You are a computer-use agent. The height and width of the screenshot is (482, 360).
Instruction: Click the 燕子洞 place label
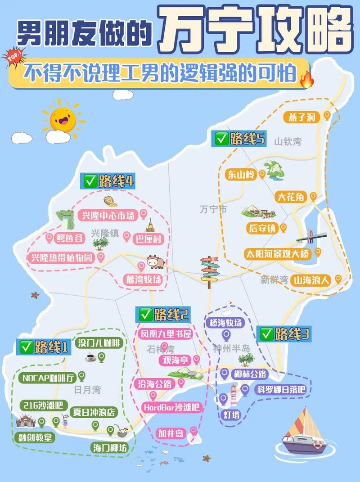click(302, 117)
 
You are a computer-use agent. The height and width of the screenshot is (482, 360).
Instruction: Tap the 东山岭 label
click(241, 175)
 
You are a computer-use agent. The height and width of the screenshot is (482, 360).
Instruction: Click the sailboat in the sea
click(302, 432)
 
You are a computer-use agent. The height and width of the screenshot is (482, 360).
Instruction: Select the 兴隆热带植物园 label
click(62, 258)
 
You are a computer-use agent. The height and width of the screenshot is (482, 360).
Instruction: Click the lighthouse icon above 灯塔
click(234, 395)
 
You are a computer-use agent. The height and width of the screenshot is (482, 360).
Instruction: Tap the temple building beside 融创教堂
click(26, 422)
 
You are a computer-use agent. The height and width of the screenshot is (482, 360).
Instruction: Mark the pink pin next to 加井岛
click(193, 431)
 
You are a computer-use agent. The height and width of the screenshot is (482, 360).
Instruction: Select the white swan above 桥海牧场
click(228, 308)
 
